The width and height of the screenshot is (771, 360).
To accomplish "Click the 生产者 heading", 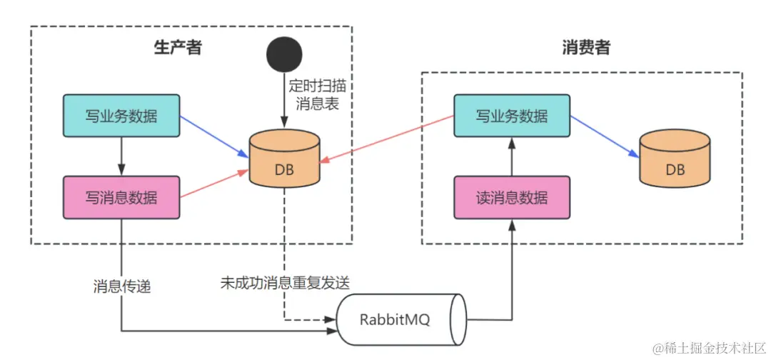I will point(178,48).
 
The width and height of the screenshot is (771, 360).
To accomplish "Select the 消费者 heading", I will point(586,48).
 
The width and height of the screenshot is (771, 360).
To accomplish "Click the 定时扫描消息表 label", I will point(318,94).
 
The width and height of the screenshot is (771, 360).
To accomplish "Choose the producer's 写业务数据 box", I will point(121,116).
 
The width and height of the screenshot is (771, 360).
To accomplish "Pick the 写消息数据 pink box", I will point(121,197).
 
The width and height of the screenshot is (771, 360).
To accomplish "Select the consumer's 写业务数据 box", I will point(512,116).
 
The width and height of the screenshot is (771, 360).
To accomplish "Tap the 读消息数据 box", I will point(512,197).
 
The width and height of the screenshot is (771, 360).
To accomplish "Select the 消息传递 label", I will point(122,286).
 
